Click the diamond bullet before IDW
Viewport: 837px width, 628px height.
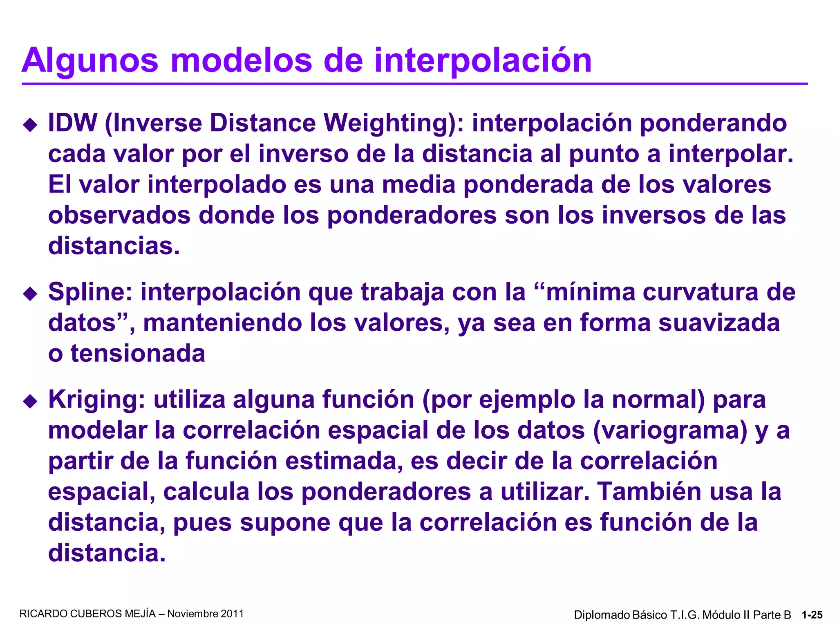click(30, 125)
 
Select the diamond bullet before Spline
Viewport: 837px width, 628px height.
click(30, 294)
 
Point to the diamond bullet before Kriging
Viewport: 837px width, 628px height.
click(30, 401)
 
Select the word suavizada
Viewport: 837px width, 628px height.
click(719, 323)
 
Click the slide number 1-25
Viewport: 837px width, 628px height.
click(812, 615)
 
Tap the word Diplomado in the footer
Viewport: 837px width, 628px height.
click(602, 615)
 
